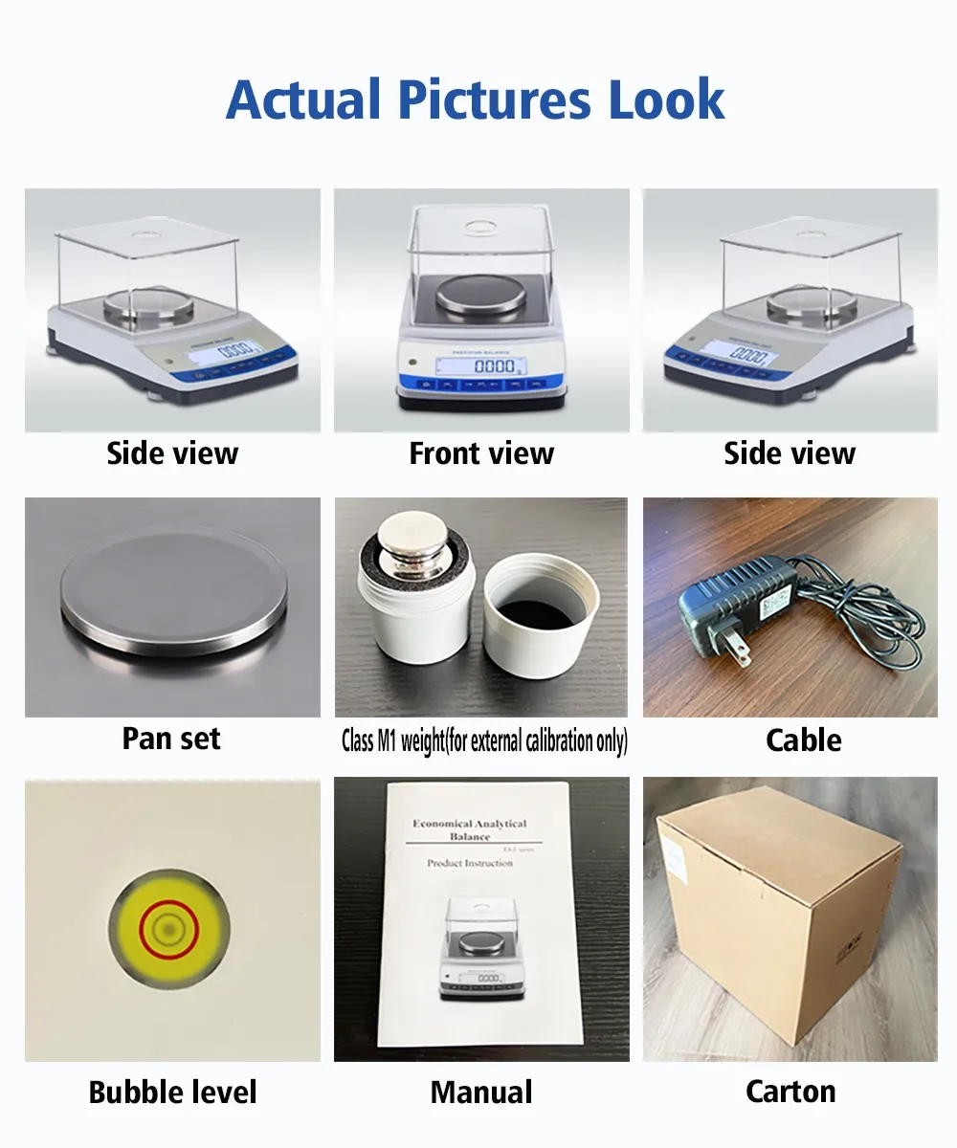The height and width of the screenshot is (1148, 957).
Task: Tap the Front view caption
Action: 481,453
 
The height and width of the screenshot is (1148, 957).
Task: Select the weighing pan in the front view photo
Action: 481,297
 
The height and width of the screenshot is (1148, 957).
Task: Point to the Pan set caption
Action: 171,739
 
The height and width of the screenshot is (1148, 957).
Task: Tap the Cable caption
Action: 804,740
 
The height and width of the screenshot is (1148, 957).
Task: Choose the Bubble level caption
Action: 172,1092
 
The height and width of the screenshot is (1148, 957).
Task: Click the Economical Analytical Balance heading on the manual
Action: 469,829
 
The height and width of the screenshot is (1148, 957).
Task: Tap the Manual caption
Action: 481,1092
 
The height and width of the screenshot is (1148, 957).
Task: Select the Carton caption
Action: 790,1091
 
